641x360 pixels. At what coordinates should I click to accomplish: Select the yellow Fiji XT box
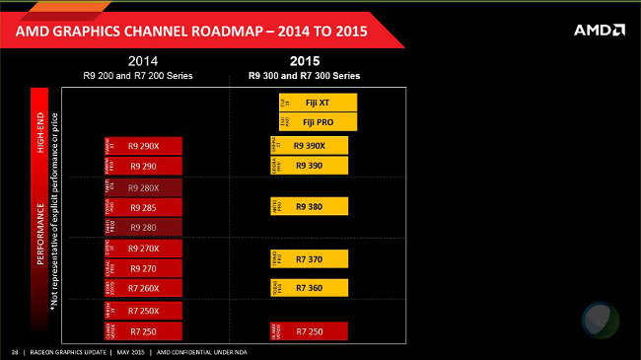[x=317, y=103]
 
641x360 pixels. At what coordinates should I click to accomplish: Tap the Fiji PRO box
[x=317, y=122]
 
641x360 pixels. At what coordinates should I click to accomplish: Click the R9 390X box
[x=310, y=145]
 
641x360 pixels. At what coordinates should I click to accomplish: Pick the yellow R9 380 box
[x=310, y=206]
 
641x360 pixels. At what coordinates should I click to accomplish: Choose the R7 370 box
[x=310, y=258]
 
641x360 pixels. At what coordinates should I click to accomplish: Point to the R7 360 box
[x=310, y=287]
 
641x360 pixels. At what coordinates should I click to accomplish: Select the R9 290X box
[x=143, y=145]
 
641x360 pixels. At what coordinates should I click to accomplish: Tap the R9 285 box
[x=143, y=207]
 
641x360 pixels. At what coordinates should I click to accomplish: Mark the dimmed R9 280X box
[x=143, y=187]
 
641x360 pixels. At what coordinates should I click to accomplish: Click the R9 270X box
[x=143, y=249]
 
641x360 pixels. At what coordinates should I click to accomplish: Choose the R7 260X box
[x=143, y=287]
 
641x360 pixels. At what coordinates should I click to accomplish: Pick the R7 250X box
[x=143, y=310]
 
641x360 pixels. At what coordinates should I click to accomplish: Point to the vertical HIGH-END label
[x=40, y=132]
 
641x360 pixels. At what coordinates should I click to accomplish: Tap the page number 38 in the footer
[x=14, y=352]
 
